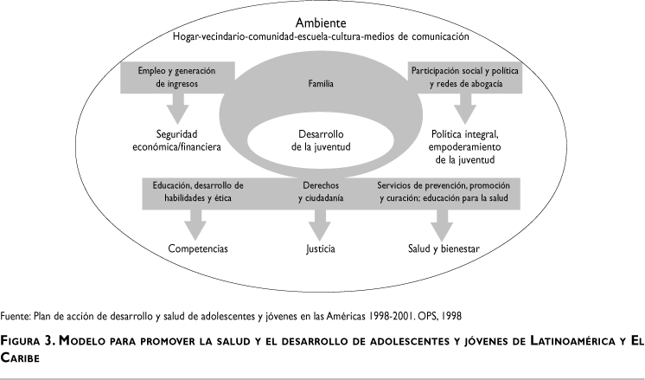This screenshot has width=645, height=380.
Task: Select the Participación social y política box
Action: [465, 76]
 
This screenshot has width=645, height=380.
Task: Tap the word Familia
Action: [321, 84]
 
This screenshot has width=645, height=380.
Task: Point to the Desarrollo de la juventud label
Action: [322, 140]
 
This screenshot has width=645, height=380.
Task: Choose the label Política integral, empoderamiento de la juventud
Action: [464, 147]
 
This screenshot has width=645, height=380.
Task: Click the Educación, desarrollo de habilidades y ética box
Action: [198, 191]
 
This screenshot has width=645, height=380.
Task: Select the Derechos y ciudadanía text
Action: [322, 191]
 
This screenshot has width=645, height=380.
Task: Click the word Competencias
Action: [198, 249]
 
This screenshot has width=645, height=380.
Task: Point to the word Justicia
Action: [320, 249]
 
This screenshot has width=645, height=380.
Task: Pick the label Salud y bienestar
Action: [443, 249]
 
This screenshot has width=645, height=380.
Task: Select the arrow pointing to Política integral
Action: [465, 106]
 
